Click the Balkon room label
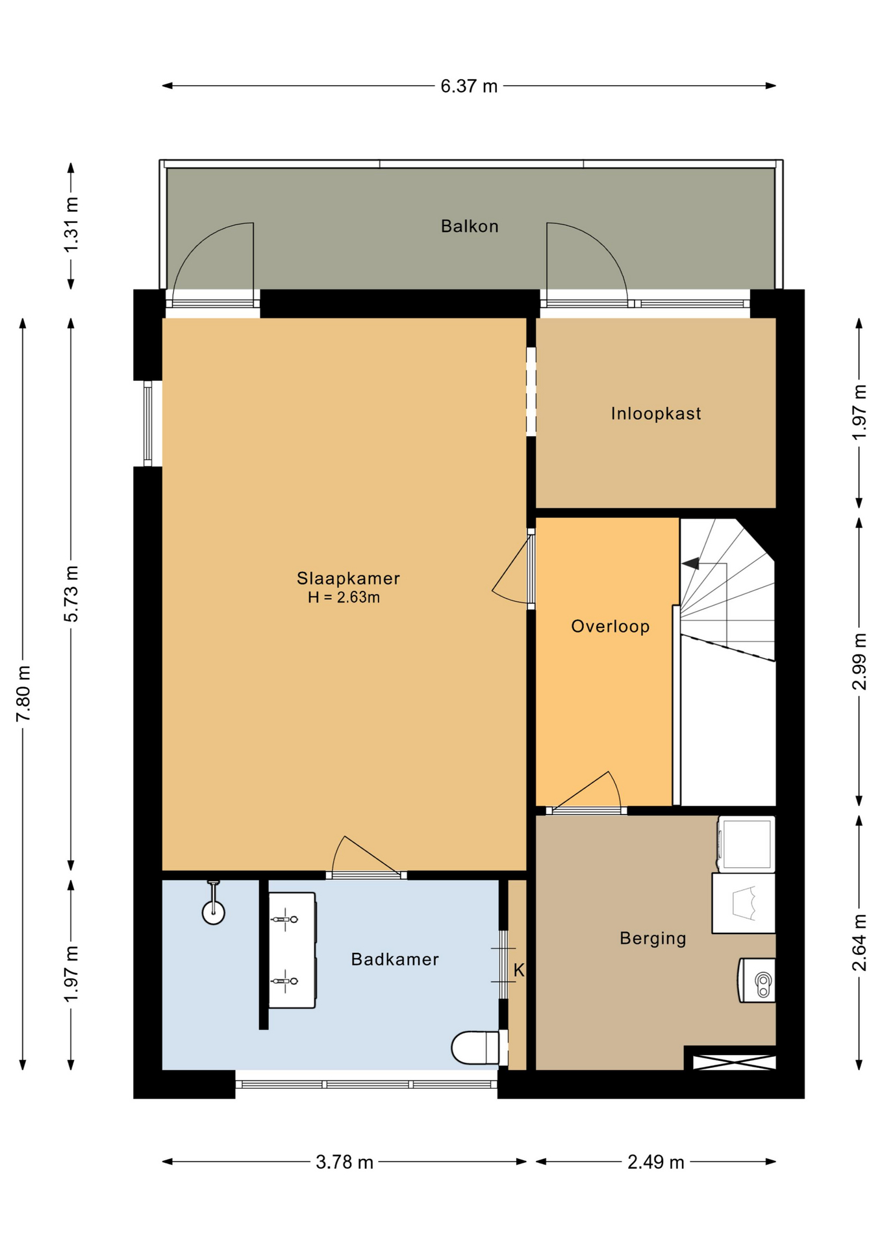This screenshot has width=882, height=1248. point(469,226)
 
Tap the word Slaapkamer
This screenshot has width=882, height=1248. point(348,578)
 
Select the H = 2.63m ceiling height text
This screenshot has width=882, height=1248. point(344,597)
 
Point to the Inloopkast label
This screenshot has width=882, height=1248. point(656,413)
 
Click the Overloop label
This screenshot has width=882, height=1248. point(610,626)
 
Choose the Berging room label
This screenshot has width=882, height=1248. point(653,938)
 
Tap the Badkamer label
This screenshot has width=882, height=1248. point(395,959)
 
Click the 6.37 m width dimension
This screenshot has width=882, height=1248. point(469,86)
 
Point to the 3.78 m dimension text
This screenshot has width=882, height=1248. point(344,1162)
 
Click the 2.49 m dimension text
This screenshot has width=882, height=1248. point(655,1162)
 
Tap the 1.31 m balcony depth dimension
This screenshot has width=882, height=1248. point(71,225)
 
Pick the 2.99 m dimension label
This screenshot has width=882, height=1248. point(859,662)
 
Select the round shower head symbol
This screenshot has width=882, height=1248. point(213,913)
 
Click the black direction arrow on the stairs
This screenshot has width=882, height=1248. point(690,564)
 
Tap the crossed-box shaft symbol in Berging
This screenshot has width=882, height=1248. point(734,1062)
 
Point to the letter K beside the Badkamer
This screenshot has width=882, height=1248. point(519,970)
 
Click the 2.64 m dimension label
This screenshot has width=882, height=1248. point(859,943)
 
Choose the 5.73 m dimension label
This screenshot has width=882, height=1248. point(71,593)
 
